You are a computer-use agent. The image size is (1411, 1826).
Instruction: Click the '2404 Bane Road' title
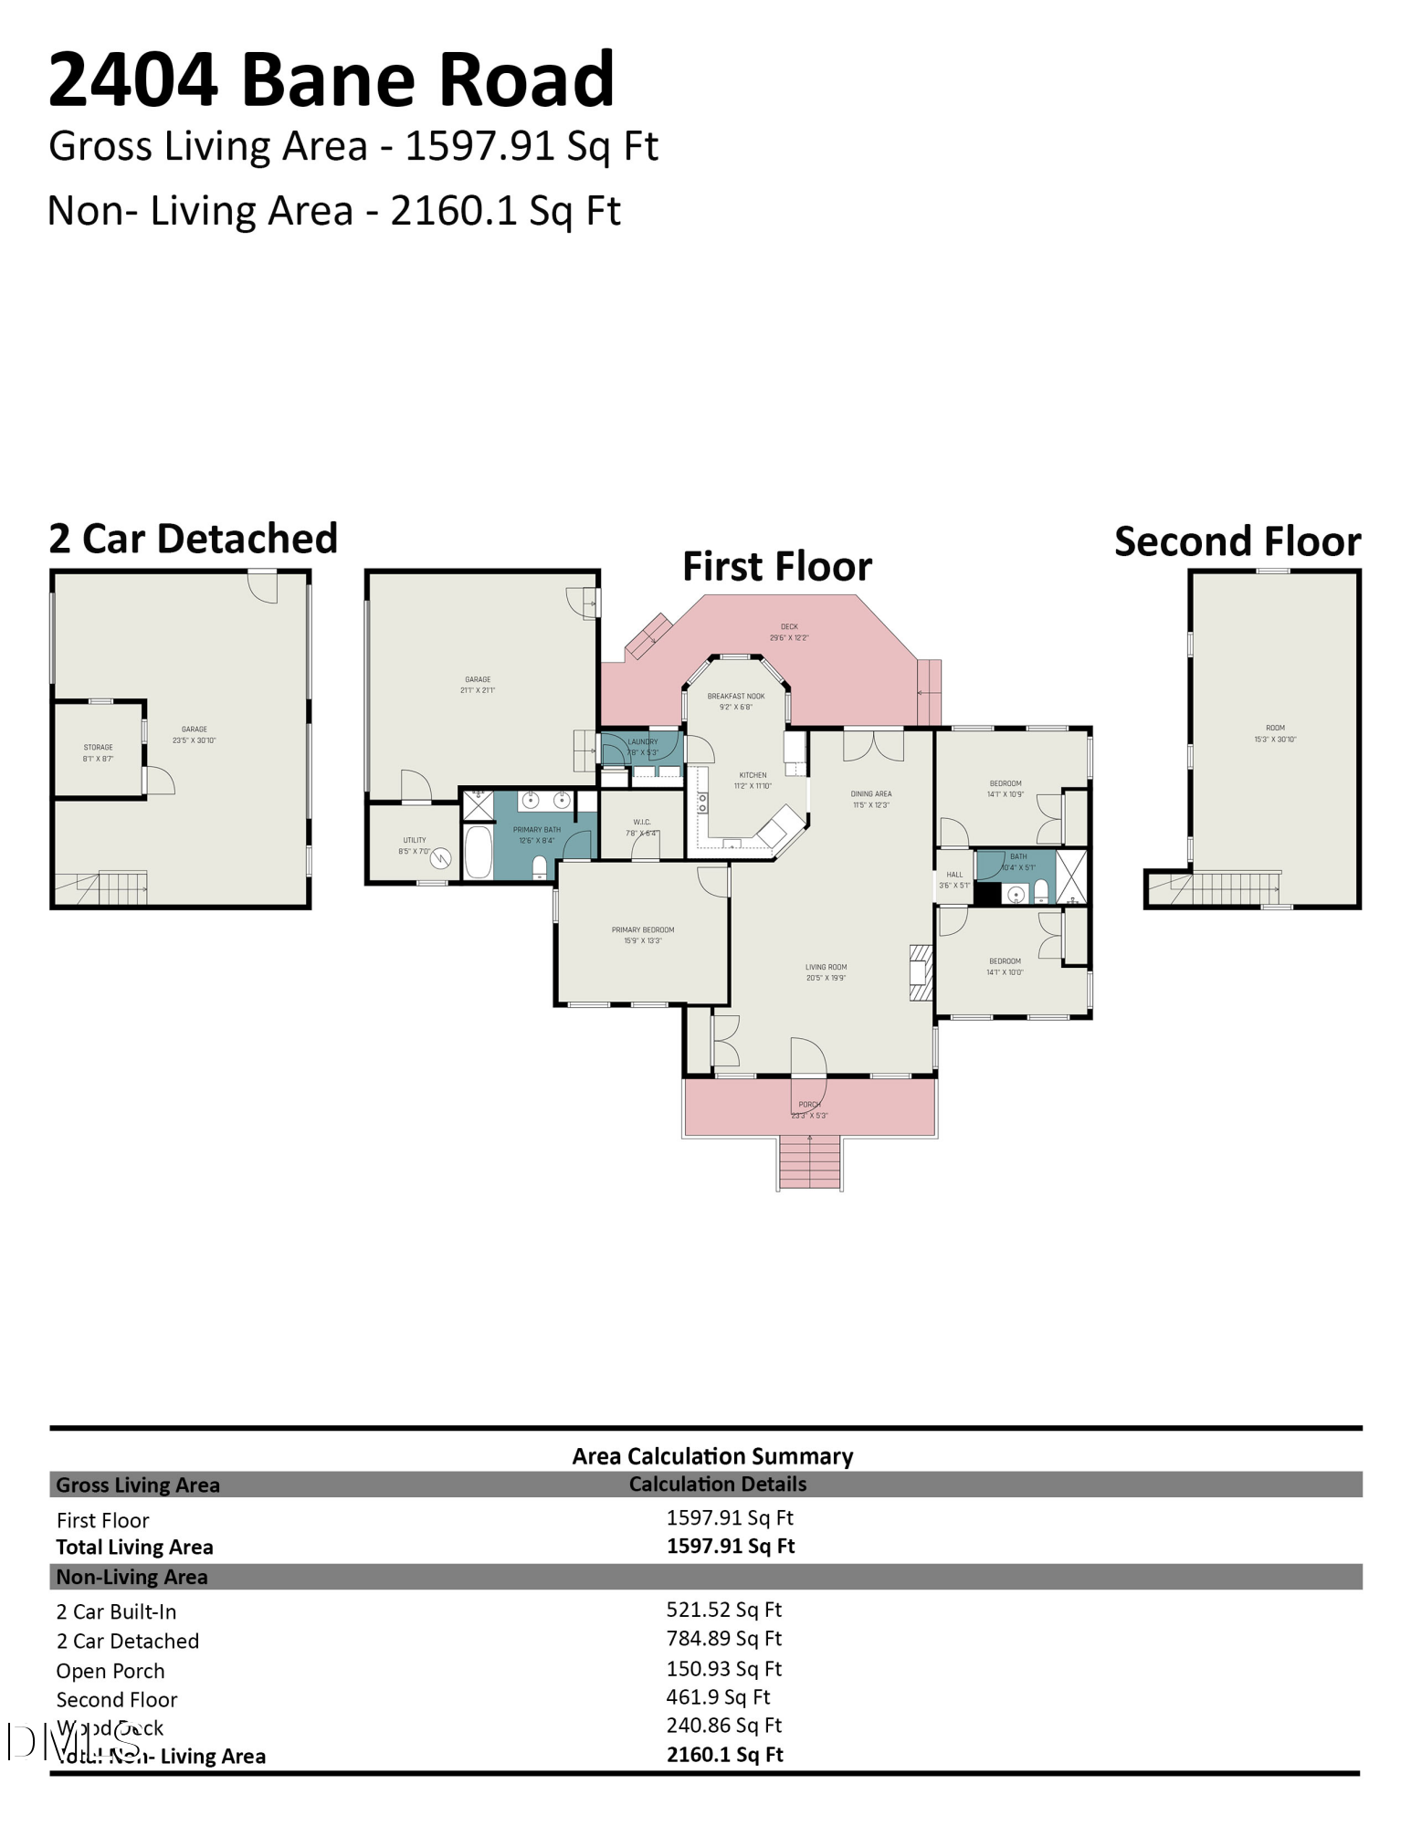pyautogui.click(x=331, y=79)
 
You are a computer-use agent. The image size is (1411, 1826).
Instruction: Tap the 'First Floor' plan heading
pyautogui.click(x=776, y=566)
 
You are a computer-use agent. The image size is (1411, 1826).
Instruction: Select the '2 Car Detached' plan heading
pyautogui.click(x=193, y=539)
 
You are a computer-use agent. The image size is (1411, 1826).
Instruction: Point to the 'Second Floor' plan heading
pyautogui.click(x=1237, y=541)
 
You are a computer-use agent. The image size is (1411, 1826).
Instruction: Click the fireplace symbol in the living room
pyautogui.click(x=921, y=973)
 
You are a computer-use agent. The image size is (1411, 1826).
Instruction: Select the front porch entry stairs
pyautogui.click(x=809, y=1162)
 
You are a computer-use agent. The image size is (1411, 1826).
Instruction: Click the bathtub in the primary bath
pyautogui.click(x=478, y=852)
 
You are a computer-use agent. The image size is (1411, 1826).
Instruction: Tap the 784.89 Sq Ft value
pyautogui.click(x=723, y=1639)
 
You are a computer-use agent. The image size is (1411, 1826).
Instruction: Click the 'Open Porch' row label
pyautogui.click(x=111, y=1671)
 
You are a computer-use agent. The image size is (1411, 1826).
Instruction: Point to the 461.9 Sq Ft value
pyautogui.click(x=718, y=1696)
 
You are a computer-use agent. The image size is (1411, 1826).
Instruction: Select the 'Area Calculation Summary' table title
pyautogui.click(x=712, y=1456)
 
